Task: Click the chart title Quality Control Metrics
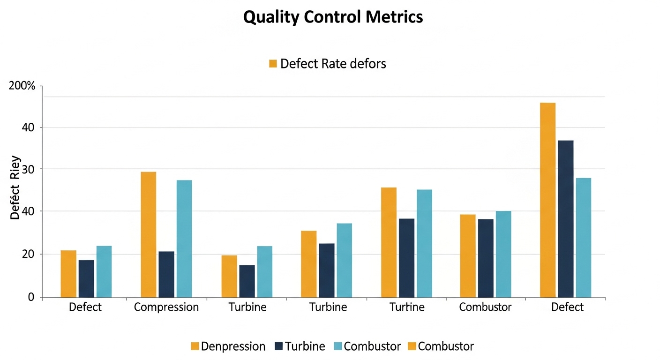point(333,17)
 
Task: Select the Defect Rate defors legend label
point(333,64)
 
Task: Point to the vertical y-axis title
point(15,187)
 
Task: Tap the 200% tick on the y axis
point(22,86)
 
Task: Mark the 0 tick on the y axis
point(31,297)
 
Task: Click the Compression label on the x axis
point(166,307)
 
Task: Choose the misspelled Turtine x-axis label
point(407,307)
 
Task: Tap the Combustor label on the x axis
point(485,307)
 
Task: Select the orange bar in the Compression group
point(148,234)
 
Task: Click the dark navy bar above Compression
point(166,274)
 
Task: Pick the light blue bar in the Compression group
point(184,239)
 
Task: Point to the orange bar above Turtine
point(389,242)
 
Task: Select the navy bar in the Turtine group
point(406,258)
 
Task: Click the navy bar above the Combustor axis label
point(486,258)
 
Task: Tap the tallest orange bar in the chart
point(547,200)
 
